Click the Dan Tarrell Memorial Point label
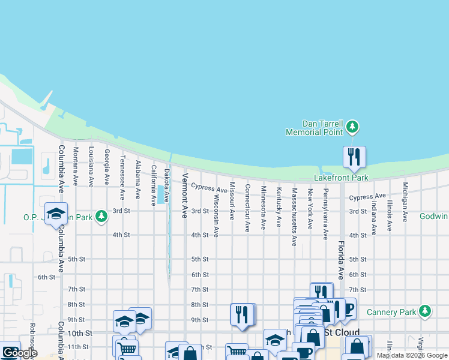pos(313,127)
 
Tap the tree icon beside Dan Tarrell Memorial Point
pos(353,127)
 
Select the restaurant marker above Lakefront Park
pos(354,157)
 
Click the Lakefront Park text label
pos(341,178)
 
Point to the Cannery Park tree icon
pos(425,311)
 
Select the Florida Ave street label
pos(340,260)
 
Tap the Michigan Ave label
pos(405,203)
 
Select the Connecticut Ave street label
pos(247,208)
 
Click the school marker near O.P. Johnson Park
pos(56,215)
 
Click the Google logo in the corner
pos(20,353)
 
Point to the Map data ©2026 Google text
pos(412,355)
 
